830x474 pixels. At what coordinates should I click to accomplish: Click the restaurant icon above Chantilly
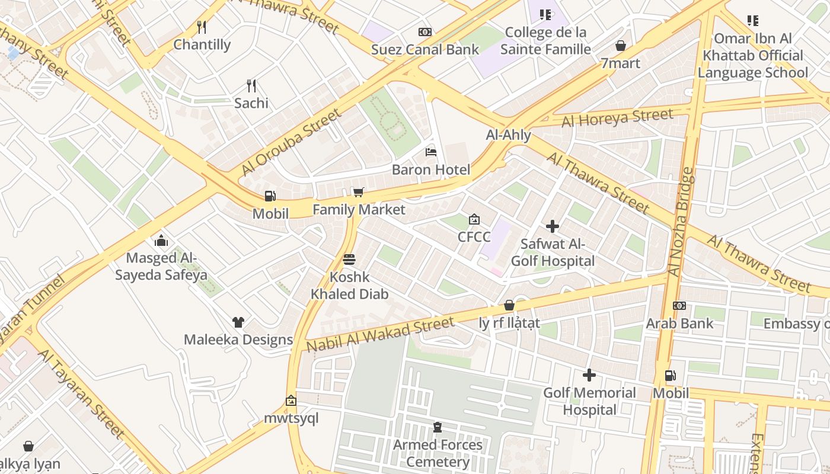(x=202, y=27)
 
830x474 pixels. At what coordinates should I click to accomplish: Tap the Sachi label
(x=251, y=103)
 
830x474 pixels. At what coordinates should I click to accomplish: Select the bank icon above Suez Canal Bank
(x=424, y=32)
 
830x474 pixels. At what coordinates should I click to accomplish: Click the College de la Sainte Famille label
(x=545, y=40)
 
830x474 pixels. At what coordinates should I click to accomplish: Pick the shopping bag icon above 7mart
(x=621, y=46)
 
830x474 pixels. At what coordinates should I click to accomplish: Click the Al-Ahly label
(x=509, y=135)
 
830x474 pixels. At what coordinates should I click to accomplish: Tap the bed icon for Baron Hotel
(x=431, y=152)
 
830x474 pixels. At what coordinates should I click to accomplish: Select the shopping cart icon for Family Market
(x=358, y=192)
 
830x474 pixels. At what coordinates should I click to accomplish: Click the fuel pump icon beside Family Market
(x=270, y=196)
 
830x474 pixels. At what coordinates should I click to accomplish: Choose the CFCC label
(x=474, y=237)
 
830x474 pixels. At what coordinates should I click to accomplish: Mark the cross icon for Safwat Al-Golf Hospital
(x=553, y=226)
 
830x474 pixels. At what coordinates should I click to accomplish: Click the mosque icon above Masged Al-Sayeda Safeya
(x=161, y=241)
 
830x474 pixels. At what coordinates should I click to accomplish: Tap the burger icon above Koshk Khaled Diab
(x=349, y=260)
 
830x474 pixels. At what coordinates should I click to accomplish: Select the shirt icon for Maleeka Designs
(x=238, y=322)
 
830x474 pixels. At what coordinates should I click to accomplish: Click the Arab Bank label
(x=679, y=324)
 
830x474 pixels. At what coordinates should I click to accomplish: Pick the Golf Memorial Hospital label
(x=589, y=401)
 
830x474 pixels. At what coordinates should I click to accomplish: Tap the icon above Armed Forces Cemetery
(x=438, y=427)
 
